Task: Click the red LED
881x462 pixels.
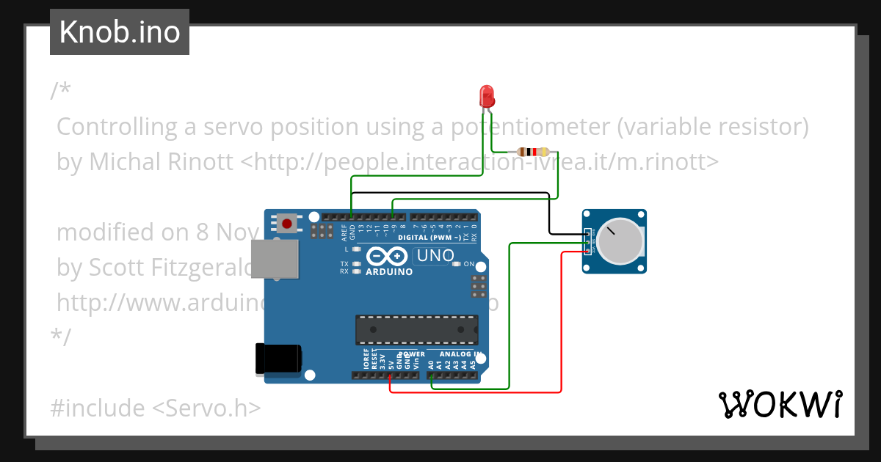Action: tap(486, 97)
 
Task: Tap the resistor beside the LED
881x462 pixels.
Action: tap(533, 152)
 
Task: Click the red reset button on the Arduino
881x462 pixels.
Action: tap(286, 223)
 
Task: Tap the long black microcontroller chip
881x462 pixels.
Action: tap(416, 329)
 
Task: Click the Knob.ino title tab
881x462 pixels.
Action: tap(120, 32)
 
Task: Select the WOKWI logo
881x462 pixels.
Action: tap(779, 404)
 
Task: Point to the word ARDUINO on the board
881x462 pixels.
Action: tap(389, 271)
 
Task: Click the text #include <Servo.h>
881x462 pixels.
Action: tap(156, 407)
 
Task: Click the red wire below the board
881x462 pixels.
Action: tap(477, 392)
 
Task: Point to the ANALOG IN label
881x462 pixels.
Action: tap(460, 354)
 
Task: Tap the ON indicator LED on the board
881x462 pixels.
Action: tap(456, 264)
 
